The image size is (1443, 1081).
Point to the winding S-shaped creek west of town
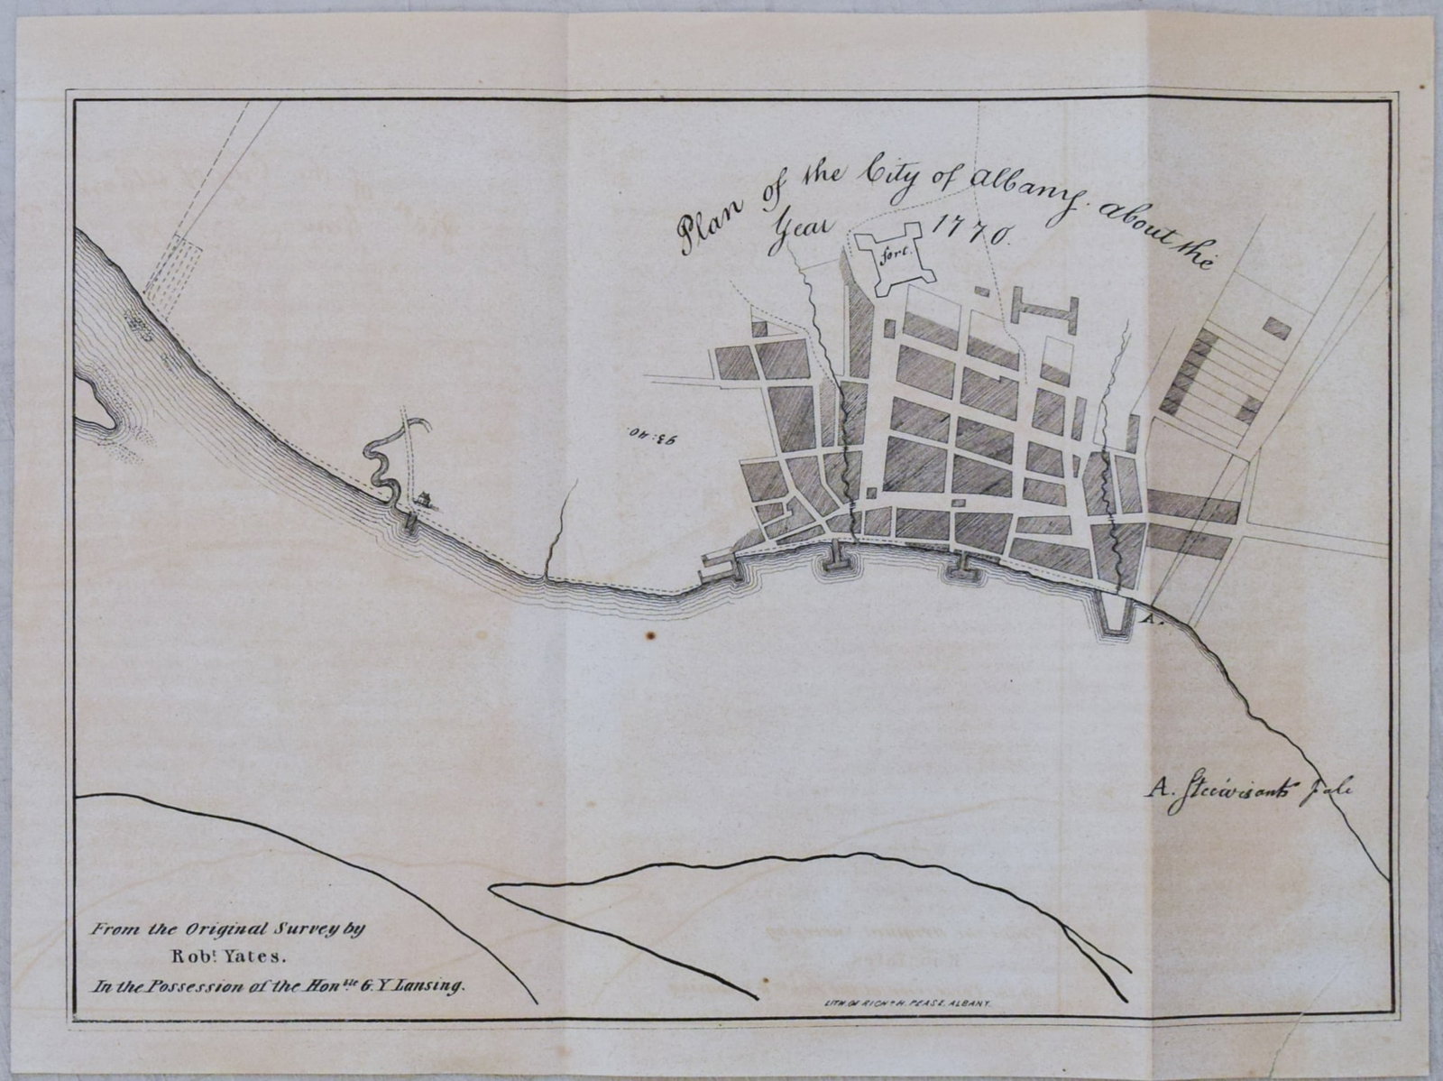click(388, 456)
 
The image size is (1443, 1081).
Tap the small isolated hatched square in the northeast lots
click(1275, 327)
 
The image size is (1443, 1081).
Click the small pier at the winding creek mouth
click(410, 522)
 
